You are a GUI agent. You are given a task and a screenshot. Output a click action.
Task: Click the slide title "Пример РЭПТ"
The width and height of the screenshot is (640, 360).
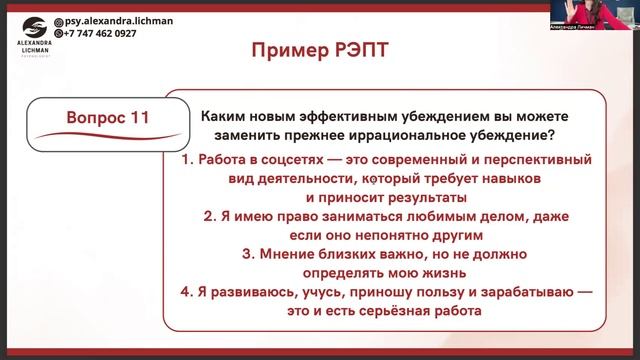pos(320,51)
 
